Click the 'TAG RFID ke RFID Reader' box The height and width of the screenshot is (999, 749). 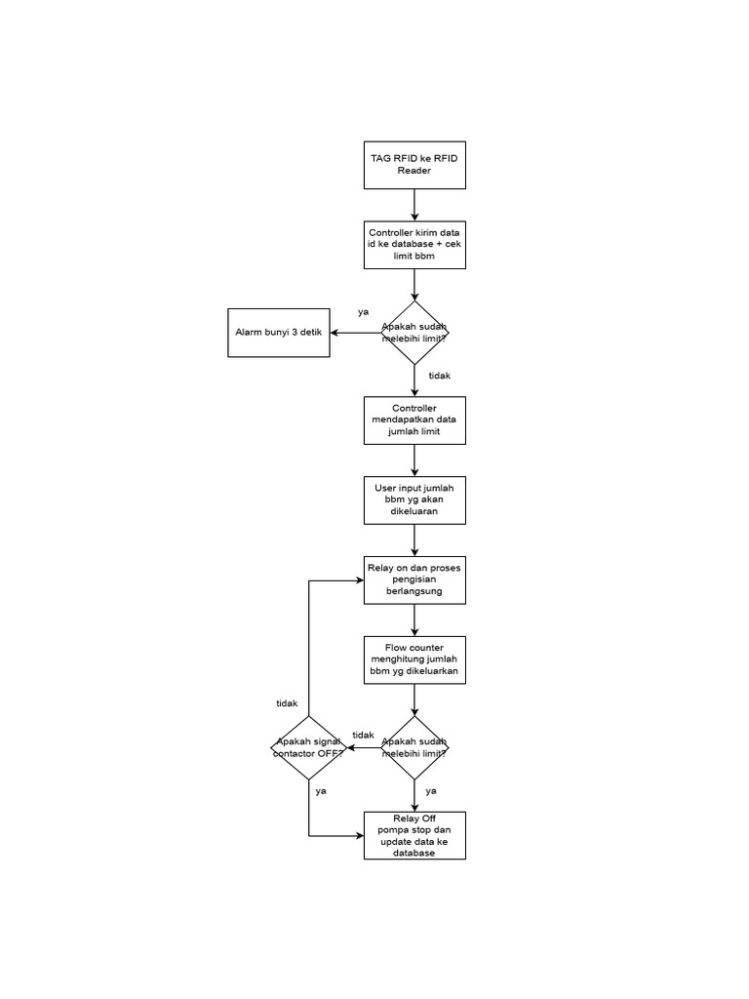[414, 165]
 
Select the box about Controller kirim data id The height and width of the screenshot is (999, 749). [414, 244]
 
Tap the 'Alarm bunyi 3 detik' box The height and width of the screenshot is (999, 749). [279, 333]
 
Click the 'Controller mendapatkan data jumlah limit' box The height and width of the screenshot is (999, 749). [414, 420]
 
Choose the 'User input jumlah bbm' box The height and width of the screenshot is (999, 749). [414, 499]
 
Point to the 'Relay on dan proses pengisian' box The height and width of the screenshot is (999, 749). [414, 579]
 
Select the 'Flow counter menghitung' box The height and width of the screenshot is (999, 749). [414, 660]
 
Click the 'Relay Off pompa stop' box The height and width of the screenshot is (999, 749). [414, 835]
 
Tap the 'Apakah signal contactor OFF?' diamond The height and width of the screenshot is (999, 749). [309, 748]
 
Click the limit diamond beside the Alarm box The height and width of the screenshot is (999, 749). [414, 333]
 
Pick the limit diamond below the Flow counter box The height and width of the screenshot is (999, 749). [414, 748]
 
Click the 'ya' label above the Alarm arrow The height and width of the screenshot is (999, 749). [363, 312]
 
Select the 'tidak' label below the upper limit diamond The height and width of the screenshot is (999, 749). [440, 376]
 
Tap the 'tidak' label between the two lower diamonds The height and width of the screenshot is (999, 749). [363, 736]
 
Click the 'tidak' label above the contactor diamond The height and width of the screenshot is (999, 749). [287, 703]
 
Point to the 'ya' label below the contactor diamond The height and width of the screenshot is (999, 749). [321, 791]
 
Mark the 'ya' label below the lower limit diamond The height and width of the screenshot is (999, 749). [431, 791]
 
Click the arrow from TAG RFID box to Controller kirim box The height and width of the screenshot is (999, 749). [414, 205]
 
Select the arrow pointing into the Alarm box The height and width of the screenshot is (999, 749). [355, 333]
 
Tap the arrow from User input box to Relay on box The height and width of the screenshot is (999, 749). [414, 539]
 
